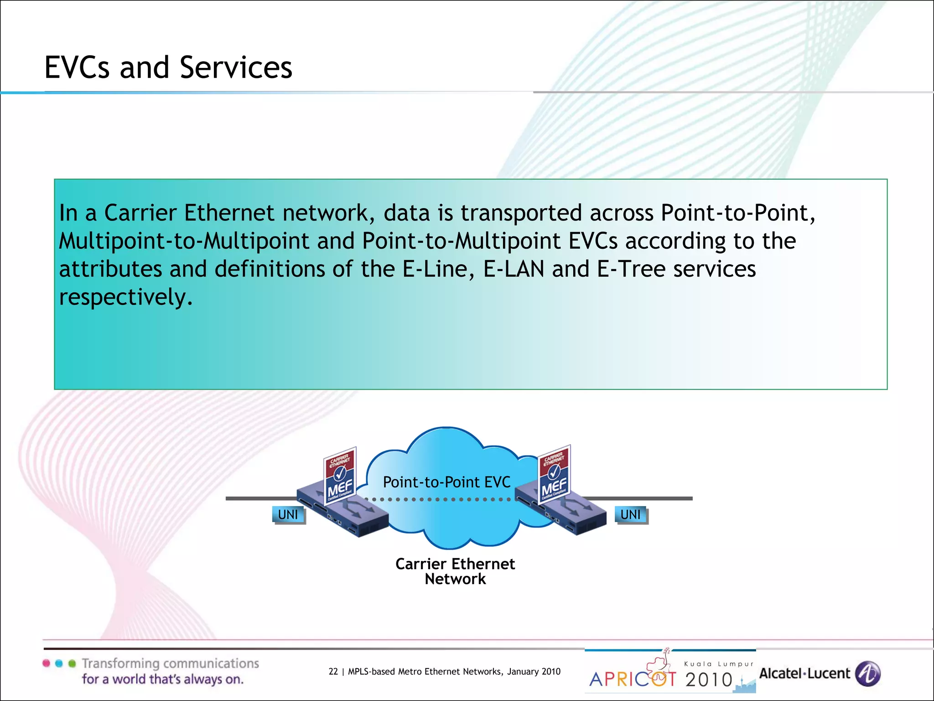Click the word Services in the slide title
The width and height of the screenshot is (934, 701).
236,68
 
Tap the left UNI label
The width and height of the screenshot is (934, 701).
288,515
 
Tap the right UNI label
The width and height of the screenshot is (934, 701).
631,515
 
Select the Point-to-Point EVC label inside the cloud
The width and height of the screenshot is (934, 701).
446,482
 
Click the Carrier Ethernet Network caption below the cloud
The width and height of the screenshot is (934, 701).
455,571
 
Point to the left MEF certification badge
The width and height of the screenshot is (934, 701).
340,475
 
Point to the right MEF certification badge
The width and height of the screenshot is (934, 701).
554,475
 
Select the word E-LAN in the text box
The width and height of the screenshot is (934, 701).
514,269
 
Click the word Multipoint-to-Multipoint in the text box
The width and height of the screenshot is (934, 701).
184,241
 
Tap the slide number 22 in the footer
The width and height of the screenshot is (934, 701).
333,671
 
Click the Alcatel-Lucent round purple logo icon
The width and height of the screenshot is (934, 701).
867,674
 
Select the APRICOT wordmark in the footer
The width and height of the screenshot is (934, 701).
633,679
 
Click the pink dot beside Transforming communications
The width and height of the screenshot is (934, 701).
46,663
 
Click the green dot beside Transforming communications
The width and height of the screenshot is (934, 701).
72,663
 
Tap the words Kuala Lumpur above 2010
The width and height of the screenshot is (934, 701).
719,664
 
